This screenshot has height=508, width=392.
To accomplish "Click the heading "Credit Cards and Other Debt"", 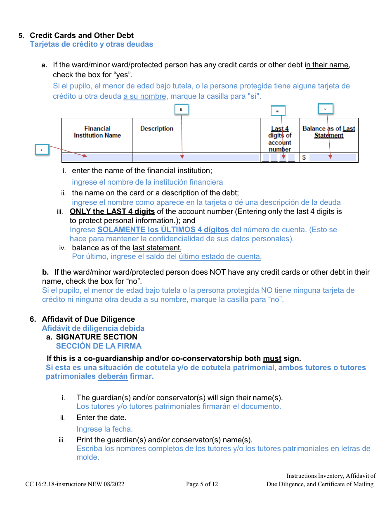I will coord(82,36).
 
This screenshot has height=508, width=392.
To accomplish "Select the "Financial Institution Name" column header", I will coord(97,132).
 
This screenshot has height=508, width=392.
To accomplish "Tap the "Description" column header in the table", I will coord(157,128).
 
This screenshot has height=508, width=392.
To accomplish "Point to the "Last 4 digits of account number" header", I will coord(280,139).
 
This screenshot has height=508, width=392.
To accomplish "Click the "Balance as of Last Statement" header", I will coord(328,132).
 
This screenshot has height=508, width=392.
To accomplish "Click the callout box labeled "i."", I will coord(42,150).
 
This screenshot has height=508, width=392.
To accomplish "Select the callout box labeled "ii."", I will coord(181,109).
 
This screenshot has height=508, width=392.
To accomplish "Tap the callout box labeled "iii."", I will coord(278,111).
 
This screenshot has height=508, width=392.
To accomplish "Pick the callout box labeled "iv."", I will coord(325,109).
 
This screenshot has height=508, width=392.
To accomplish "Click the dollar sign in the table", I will coord(304,158).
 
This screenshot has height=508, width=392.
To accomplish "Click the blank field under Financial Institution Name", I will coord(97,158).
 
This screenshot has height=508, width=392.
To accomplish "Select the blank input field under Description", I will coord(196,158).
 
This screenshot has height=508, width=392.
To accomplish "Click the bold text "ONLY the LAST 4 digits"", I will coord(112,211).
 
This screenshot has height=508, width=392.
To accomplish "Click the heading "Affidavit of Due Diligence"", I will coord(88,319).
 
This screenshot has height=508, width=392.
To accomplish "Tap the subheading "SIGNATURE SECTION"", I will coord(97,337).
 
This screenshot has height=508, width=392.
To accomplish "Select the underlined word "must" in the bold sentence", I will coord(272,358).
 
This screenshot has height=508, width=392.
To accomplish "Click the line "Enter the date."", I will coord(102,418).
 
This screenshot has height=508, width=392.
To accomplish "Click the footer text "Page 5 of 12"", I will coord(202,484).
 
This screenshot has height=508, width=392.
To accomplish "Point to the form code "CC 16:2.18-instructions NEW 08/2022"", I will coord(75,484).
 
